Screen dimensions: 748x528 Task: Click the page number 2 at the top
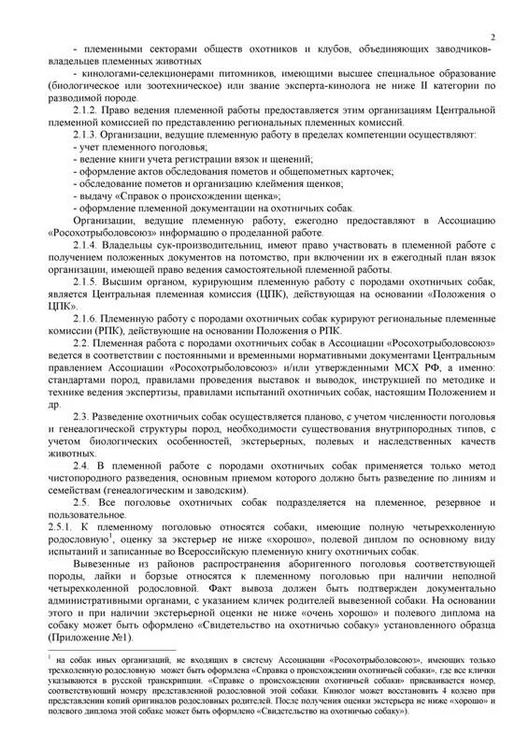pyautogui.click(x=492, y=36)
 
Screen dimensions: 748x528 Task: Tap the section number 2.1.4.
pyautogui.click(x=88, y=244)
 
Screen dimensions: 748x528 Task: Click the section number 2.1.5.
pyautogui.click(x=88, y=280)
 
